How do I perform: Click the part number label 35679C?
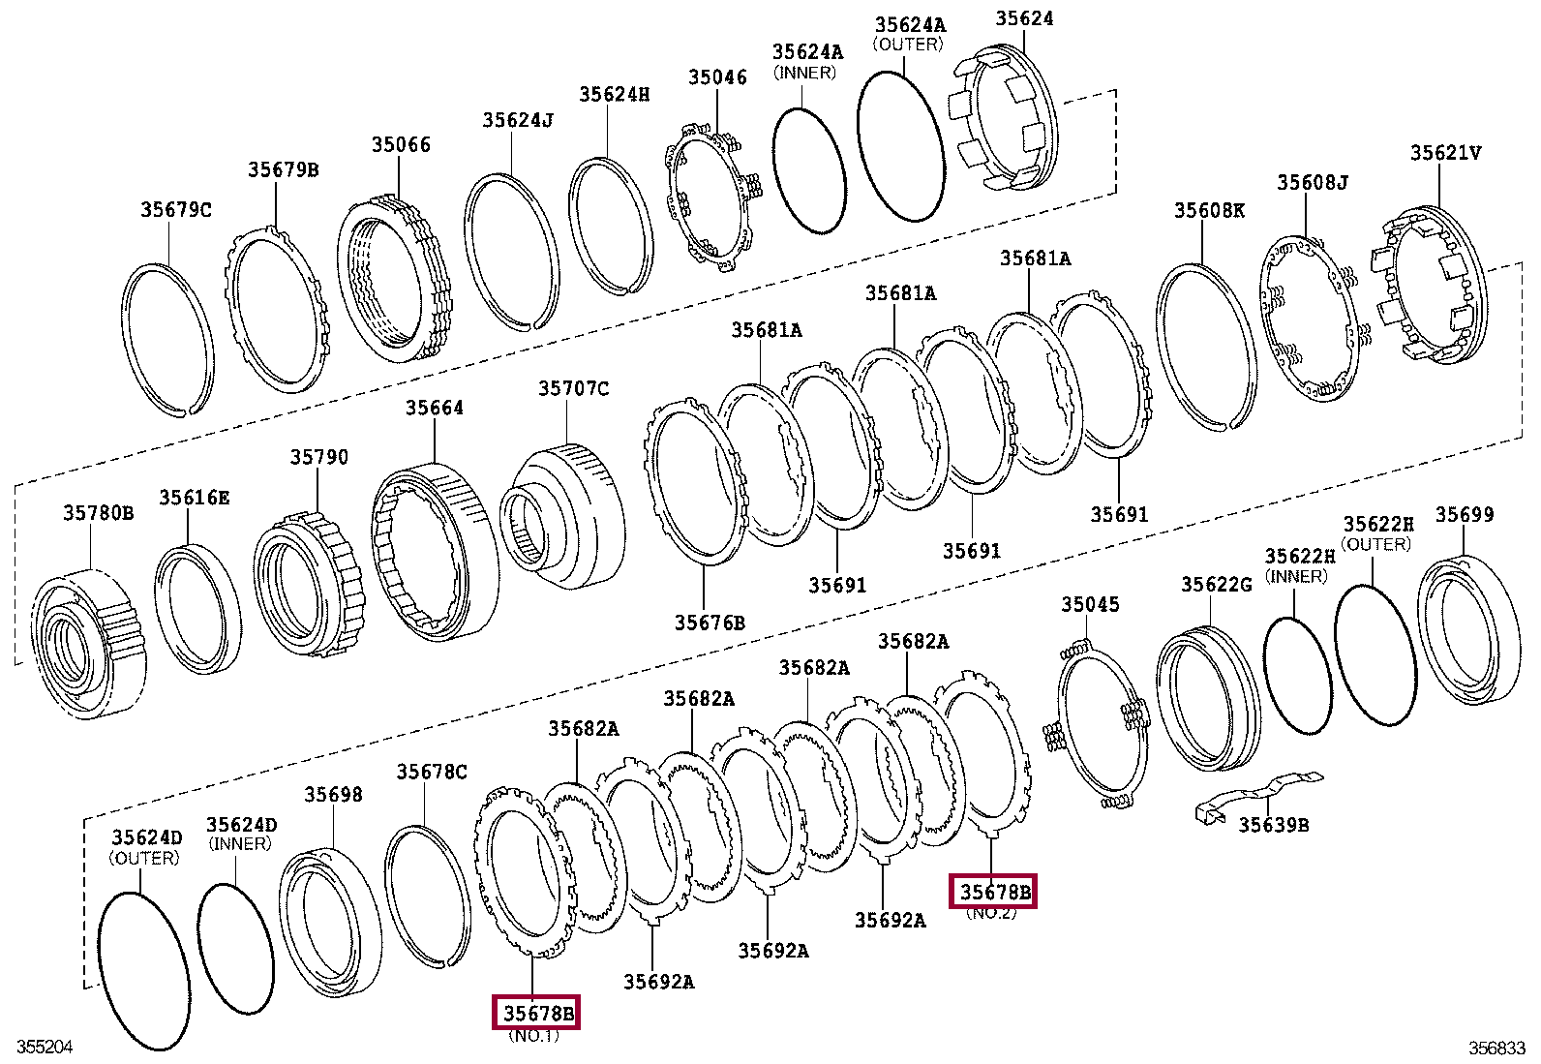tap(175, 209)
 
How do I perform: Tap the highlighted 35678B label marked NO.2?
tap(996, 891)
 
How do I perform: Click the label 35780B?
tap(99, 512)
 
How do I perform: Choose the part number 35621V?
tap(1445, 152)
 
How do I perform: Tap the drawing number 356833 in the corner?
tap(1496, 1048)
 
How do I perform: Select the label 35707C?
tap(573, 388)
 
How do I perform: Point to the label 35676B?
tap(710, 623)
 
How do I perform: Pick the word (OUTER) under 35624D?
tap(144, 858)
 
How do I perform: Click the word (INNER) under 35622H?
tap(1297, 576)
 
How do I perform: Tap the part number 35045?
tap(1090, 605)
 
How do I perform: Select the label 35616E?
tap(195, 498)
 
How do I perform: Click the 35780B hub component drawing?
tap(89, 646)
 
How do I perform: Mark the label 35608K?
tap(1209, 210)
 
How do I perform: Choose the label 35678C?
tap(431, 772)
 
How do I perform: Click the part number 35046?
tap(717, 77)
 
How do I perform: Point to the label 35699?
tap(1464, 514)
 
